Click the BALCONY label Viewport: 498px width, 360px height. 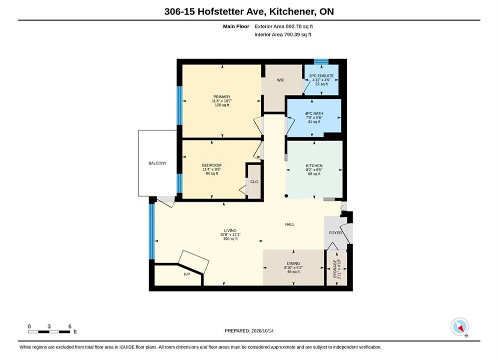point(157,163)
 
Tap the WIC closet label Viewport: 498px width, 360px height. point(280,80)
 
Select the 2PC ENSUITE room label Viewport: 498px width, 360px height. point(321,76)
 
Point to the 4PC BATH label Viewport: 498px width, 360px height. point(314,113)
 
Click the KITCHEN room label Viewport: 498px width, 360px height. point(314,165)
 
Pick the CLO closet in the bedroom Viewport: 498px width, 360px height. point(254,181)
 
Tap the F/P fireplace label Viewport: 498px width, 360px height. point(187,274)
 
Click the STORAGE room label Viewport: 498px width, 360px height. point(335,269)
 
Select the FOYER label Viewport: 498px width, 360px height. point(335,233)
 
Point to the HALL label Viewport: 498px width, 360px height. point(290,224)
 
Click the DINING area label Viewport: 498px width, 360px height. point(293,263)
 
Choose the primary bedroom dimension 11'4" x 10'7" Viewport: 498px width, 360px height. point(222,101)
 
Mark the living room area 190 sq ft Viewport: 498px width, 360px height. point(230,239)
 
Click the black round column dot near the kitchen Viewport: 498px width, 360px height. point(286,196)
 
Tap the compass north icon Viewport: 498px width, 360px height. point(459,326)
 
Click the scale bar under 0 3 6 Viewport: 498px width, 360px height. point(49,332)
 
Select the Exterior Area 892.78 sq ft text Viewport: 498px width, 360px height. point(284,26)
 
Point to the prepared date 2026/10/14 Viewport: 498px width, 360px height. point(262,331)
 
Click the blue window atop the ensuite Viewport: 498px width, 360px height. point(321,61)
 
